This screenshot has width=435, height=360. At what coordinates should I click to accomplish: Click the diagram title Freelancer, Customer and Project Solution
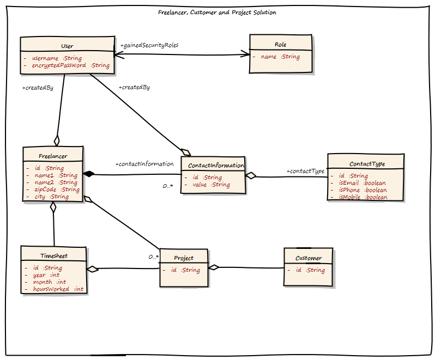click(217, 13)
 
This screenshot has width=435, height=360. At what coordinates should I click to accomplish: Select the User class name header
click(67, 46)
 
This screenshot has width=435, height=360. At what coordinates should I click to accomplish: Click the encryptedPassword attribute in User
click(71, 65)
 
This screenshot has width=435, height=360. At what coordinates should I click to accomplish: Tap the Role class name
click(281, 45)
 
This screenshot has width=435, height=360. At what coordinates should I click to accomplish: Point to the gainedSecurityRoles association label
click(149, 45)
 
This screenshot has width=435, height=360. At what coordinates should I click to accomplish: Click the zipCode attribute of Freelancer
click(57, 190)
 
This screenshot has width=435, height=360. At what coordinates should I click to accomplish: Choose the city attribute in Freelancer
click(52, 197)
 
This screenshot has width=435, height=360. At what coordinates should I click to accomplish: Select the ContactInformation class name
click(216, 166)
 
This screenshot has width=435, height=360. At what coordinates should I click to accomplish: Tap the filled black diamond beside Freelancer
click(89, 174)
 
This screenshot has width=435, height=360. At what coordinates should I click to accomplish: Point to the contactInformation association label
click(144, 163)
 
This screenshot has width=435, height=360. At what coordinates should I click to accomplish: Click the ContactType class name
click(367, 163)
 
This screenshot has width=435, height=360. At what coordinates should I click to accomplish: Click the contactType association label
click(305, 171)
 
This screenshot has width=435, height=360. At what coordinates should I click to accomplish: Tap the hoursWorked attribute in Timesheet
click(58, 289)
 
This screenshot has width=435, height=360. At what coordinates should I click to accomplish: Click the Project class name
click(184, 258)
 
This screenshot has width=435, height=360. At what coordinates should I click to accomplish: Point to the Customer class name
click(309, 258)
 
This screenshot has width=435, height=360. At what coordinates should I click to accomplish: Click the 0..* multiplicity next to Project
click(153, 257)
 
